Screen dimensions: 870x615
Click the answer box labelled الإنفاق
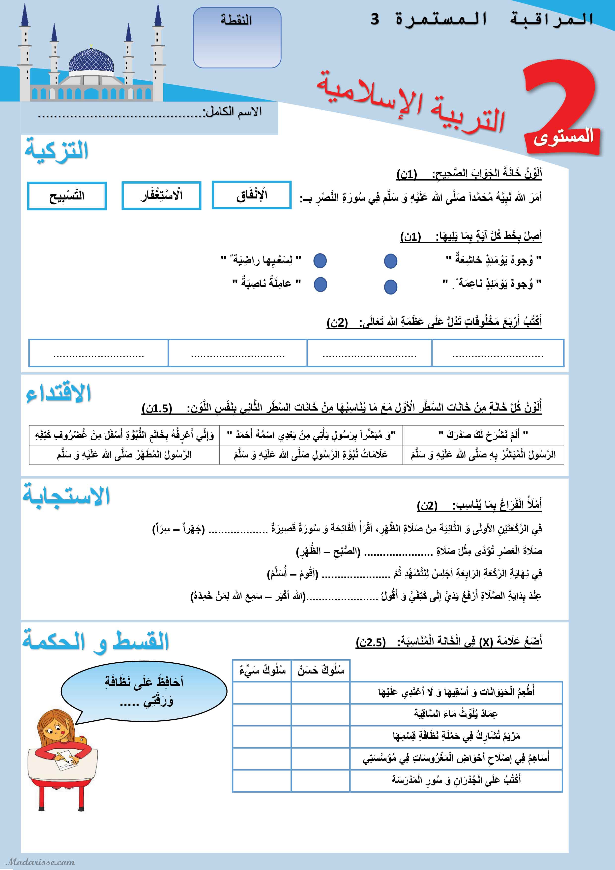click(x=251, y=195)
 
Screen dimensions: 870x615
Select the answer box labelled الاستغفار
click(x=161, y=195)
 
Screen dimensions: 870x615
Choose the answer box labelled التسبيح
click(x=67, y=196)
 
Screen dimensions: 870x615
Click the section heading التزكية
click(x=57, y=150)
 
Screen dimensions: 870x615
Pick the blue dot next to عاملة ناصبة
click(x=320, y=284)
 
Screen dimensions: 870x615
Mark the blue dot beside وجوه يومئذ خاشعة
click(x=390, y=261)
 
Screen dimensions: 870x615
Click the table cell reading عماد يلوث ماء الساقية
click(x=456, y=714)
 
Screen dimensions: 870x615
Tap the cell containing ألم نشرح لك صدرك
click(x=483, y=435)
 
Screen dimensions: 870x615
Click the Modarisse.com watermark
click(x=40, y=862)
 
